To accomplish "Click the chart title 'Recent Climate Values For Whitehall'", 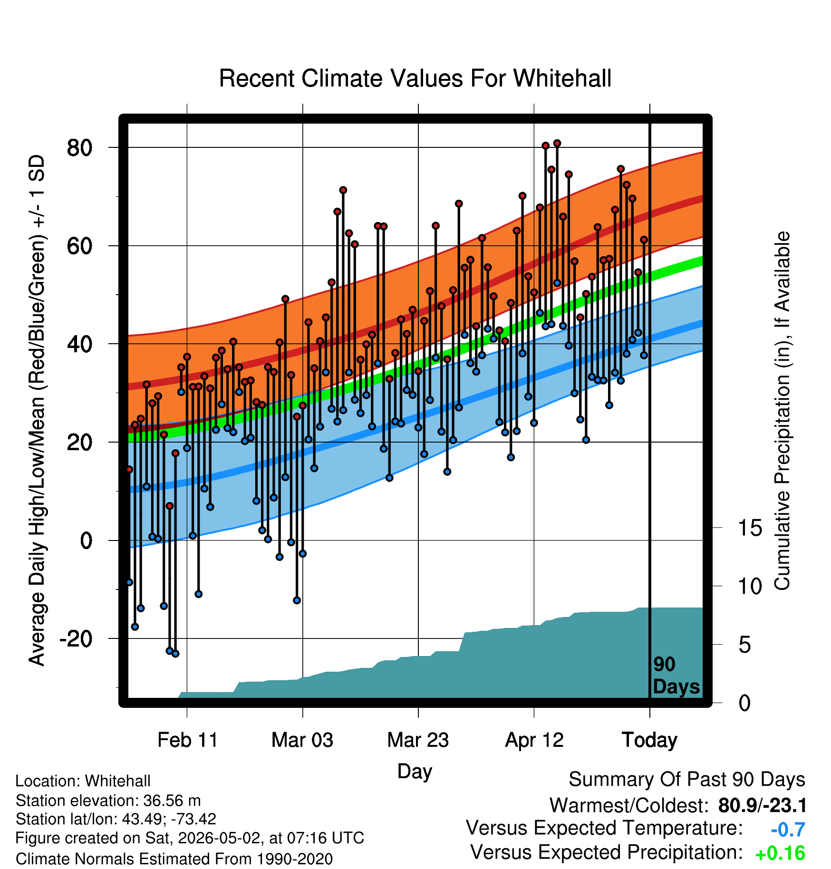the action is point(415,78).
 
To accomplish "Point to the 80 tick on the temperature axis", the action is point(80,148).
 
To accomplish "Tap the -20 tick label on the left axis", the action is point(76,639).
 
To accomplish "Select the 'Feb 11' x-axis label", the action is point(187,740).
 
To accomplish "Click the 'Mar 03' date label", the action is point(302,740).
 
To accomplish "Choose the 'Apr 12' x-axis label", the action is point(534,740).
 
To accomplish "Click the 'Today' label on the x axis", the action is point(649,740).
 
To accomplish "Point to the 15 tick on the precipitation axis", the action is point(750,528).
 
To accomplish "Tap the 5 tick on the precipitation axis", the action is point(744,645).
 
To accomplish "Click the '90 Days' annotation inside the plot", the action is point(676,676).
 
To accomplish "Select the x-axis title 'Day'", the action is point(415,772).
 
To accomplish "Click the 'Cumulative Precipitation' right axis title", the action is point(782,411).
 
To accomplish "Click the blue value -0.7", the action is point(788,830).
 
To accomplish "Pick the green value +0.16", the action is point(780,854).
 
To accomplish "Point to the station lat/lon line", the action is point(116,819).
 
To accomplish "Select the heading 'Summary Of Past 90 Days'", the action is point(687,780).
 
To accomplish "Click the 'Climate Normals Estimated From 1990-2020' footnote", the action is point(174,859).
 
